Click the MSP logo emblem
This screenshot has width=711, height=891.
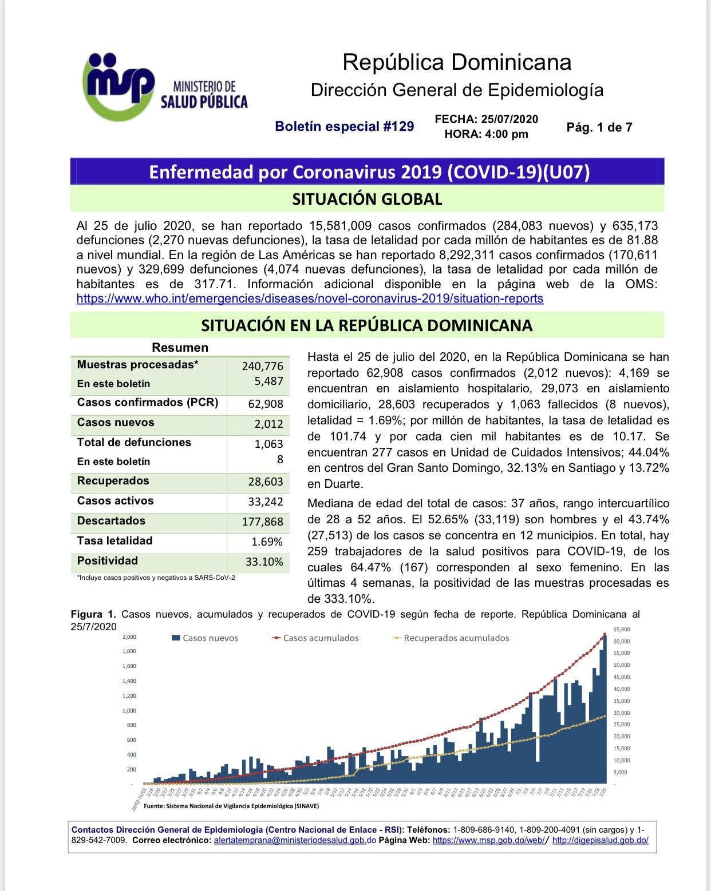[118, 86]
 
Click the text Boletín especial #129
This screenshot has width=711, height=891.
[344, 126]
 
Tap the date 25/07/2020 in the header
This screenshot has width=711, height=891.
[509, 119]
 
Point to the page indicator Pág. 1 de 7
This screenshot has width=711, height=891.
[599, 128]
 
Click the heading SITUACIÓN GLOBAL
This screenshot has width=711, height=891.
[367, 199]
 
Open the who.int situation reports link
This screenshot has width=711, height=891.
[310, 299]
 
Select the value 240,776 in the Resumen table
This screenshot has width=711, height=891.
[262, 366]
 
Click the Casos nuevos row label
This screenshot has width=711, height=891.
[116, 423]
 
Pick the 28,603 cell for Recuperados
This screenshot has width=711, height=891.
[266, 482]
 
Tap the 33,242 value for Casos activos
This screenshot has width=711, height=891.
[266, 502]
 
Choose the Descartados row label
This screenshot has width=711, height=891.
[111, 521]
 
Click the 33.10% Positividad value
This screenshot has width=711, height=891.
[264, 562]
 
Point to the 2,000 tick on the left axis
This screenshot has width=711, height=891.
[129, 637]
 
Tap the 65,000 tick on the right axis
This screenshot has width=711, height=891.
[621, 630]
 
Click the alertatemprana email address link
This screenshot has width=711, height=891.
[294, 840]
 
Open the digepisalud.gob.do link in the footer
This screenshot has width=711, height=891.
[600, 840]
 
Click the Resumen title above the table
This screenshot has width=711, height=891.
[180, 348]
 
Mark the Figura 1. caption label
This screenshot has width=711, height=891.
[93, 614]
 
